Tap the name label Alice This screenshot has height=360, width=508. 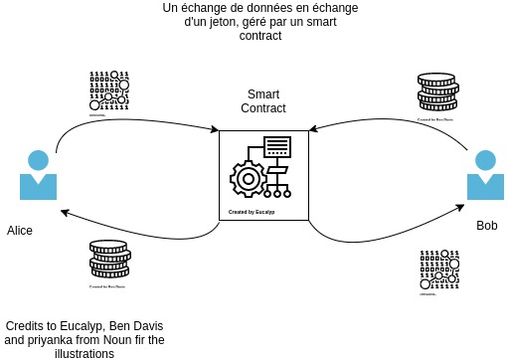pyautogui.click(x=20, y=230)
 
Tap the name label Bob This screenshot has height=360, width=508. pyautogui.click(x=487, y=226)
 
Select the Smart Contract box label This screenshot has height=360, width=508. pyautogui.click(x=262, y=100)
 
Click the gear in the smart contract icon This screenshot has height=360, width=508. pyautogui.click(x=247, y=178)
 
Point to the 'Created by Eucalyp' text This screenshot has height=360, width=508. pyautogui.click(x=252, y=212)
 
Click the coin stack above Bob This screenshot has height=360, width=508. pyautogui.click(x=436, y=94)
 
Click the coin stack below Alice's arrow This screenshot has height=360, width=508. pyautogui.click(x=107, y=261)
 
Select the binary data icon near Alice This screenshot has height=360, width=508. pyautogui.click(x=109, y=90)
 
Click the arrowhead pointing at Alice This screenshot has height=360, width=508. pyautogui.click(x=63, y=212)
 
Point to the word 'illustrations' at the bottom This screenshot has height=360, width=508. pyautogui.click(x=85, y=353)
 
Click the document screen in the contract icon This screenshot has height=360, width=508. pyautogui.click(x=277, y=147)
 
